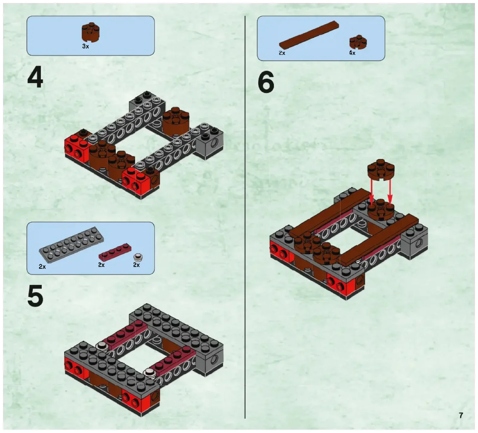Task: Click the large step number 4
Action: point(35,78)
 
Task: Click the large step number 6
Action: point(266,82)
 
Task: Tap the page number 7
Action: point(461,415)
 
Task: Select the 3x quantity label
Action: point(86,46)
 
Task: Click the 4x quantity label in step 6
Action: point(352,53)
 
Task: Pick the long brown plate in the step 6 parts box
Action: point(309,35)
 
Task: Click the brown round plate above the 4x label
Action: point(358,42)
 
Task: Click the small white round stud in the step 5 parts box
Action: point(138,258)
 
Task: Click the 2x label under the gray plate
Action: point(42,267)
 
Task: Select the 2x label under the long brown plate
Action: point(282,53)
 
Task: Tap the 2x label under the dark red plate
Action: point(101,265)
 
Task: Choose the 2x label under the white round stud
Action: point(136,265)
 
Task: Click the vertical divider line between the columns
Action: point(245,217)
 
